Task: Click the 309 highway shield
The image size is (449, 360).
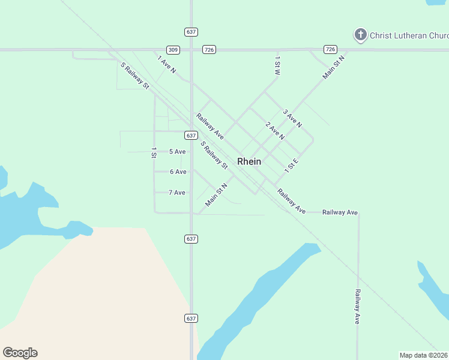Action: [x=173, y=50]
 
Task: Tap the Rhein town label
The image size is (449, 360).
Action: [x=249, y=161]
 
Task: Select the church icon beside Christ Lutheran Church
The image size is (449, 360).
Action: [x=360, y=35]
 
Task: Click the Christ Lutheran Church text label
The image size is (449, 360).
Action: [x=409, y=35]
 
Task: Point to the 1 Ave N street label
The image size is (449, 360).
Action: [x=166, y=65]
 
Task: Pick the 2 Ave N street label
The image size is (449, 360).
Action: [x=275, y=131]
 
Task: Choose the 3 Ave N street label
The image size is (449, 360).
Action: [x=292, y=118]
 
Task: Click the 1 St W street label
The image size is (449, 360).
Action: [x=277, y=65]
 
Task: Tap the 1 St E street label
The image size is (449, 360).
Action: [x=292, y=166]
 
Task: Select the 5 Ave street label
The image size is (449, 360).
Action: [x=177, y=152]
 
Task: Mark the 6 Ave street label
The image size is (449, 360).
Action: [x=178, y=172]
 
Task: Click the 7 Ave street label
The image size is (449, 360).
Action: [x=177, y=193]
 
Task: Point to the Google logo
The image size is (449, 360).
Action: [x=20, y=353]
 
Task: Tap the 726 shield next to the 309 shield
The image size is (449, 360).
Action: [x=209, y=50]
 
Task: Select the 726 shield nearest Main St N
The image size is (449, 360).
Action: [x=330, y=49]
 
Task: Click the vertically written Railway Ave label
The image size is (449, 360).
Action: [x=357, y=307]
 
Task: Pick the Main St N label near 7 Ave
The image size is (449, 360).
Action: [x=216, y=195]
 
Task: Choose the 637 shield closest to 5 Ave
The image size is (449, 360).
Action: [x=191, y=136]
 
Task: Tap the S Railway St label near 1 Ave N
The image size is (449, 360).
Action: [x=134, y=76]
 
